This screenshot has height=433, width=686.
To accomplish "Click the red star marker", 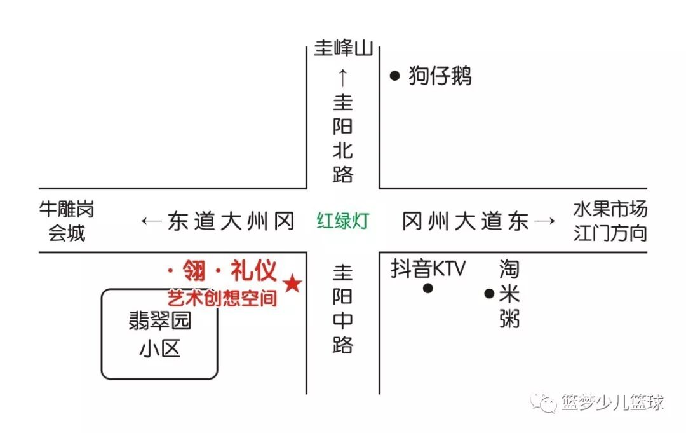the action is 292,284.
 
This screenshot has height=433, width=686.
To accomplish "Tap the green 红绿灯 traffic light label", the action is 343,221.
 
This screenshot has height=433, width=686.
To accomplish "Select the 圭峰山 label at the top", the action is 343,49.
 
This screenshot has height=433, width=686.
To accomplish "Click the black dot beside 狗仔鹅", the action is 394,76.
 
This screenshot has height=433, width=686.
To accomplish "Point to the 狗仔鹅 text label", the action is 440,76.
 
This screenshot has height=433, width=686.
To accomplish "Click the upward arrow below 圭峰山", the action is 343,78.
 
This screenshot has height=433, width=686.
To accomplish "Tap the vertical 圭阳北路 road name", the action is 343,139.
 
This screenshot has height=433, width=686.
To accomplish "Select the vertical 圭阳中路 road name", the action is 343,309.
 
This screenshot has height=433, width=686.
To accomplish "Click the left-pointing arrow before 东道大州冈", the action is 151,221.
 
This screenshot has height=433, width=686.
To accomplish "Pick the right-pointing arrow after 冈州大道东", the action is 545,221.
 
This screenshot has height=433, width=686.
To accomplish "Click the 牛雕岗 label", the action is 67,209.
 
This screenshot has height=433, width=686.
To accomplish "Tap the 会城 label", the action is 67,233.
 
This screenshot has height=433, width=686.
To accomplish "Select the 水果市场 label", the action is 610,209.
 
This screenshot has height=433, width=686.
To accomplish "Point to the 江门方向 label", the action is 610,233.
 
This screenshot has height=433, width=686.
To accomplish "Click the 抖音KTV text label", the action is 428,269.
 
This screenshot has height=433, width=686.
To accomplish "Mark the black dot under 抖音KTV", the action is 428,288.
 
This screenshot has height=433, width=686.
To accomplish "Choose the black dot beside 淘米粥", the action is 489,293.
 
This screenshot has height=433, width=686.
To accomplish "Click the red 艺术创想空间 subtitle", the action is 222,298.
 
